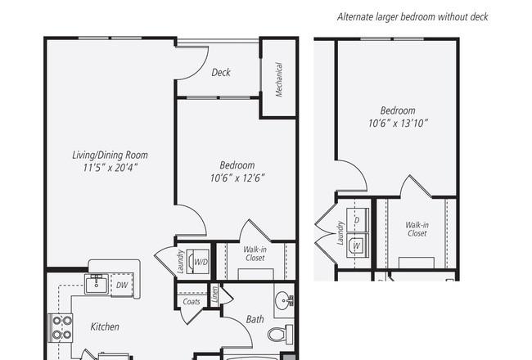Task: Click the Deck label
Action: [x=221, y=72]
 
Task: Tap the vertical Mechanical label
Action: [x=279, y=79]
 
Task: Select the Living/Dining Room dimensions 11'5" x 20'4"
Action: [x=110, y=167]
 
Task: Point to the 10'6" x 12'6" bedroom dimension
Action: [x=237, y=178]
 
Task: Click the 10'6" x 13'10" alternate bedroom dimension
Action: [x=398, y=123]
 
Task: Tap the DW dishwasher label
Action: [x=122, y=285]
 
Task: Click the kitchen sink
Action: [x=97, y=285]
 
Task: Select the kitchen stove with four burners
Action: [x=61, y=328]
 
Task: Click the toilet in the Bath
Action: [x=281, y=334]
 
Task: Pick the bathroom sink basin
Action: [x=284, y=301]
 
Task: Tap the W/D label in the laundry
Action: [x=201, y=262]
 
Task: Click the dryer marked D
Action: [x=358, y=220]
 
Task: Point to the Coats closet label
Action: [x=192, y=301]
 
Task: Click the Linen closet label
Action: [x=214, y=293]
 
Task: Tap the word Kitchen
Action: [x=105, y=326]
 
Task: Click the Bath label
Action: [x=255, y=319]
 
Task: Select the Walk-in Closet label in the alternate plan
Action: [x=417, y=229]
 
